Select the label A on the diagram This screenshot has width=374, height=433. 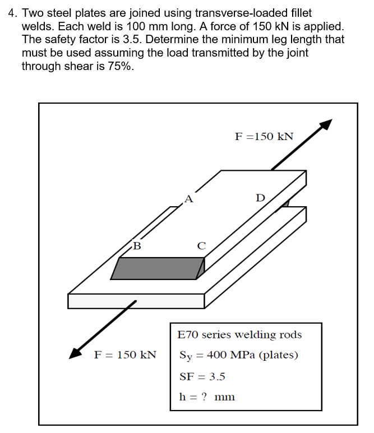click(188, 198)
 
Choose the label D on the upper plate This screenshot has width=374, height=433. click(260, 198)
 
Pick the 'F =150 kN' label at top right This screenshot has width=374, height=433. click(264, 137)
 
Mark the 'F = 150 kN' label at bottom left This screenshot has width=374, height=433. click(124, 355)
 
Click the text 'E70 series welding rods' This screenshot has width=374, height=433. click(239, 335)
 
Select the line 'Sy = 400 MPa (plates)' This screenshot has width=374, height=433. click(238, 355)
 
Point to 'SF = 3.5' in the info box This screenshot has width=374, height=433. click(202, 376)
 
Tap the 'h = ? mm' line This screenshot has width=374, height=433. click(206, 397)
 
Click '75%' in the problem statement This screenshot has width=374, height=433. click(119, 66)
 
